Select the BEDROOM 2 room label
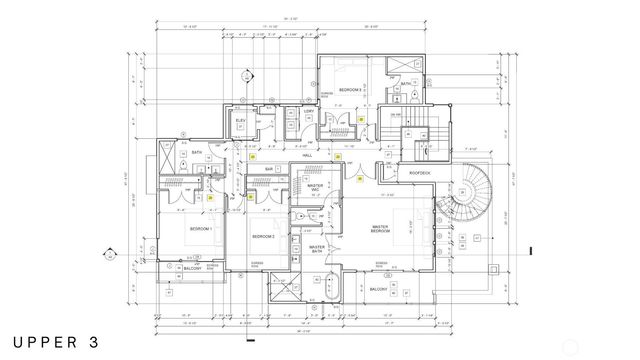click(263, 235)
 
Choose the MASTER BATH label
click(317, 249)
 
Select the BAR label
click(269, 170)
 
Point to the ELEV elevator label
click(241, 121)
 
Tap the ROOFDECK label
click(419, 173)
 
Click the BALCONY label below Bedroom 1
click(192, 269)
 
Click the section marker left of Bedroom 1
click(107, 256)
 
